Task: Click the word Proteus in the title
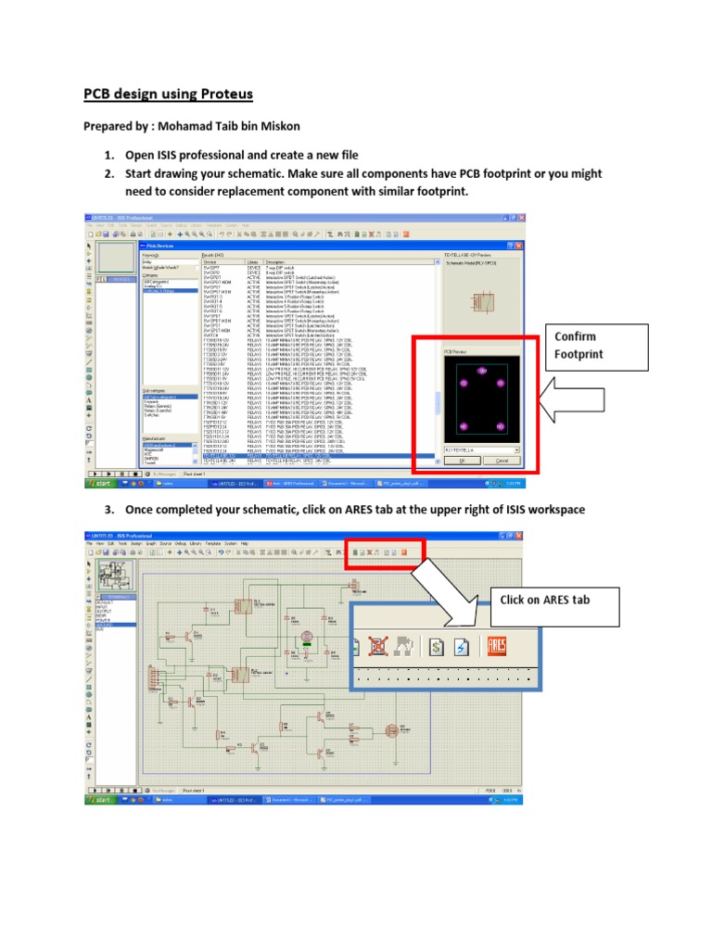click(222, 95)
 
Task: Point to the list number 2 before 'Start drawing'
click(108, 173)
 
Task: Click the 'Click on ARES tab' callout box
click(544, 600)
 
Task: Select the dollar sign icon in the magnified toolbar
click(440, 647)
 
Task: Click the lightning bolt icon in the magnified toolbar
click(465, 647)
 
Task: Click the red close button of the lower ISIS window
click(521, 536)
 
